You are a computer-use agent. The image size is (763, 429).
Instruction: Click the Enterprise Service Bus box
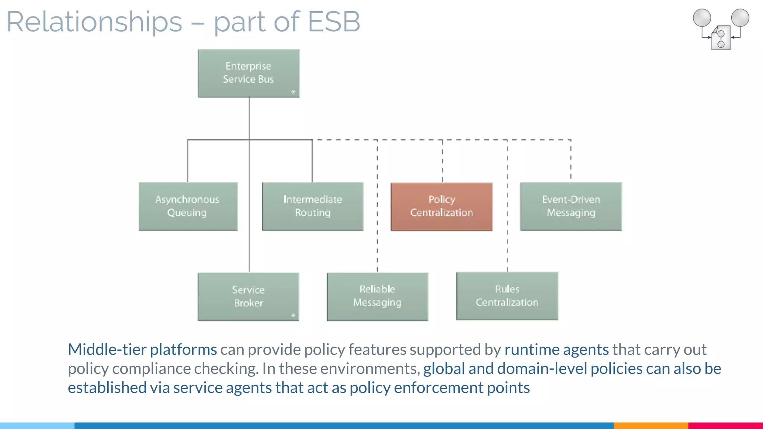pos(248,73)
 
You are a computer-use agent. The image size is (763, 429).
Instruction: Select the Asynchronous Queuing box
pos(188,206)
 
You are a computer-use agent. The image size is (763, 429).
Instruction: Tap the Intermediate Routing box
pos(313,206)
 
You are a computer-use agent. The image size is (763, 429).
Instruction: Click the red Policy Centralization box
pos(441,206)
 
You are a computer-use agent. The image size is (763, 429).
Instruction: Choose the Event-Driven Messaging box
pos(571,206)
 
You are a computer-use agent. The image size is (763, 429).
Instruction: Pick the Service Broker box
pos(248,296)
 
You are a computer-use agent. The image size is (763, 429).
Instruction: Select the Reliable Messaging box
pos(377,296)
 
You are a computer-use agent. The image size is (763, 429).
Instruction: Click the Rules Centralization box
pos(507,296)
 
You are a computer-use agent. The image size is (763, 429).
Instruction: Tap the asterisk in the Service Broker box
pos(293,315)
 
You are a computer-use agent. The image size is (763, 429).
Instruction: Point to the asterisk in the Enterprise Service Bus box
pos(293,92)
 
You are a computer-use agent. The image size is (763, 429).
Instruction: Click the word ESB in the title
pos(334,22)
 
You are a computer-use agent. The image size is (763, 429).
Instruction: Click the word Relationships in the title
pos(94,22)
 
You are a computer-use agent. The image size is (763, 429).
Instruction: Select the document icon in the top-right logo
pos(721,38)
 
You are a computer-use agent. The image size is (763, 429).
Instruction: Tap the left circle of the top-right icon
pos(702,18)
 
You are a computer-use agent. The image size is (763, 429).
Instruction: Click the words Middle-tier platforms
pos(142,349)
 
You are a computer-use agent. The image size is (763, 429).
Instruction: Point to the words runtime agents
pos(557,349)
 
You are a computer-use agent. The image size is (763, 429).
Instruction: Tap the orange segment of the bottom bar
pos(650,425)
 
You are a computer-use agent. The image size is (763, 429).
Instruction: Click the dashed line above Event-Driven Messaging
pos(571,160)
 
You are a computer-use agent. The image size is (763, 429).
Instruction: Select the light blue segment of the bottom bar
pos(37,425)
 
